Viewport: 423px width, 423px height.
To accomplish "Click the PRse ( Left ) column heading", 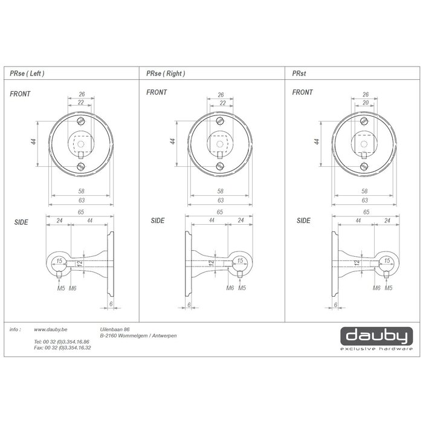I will click(27, 73).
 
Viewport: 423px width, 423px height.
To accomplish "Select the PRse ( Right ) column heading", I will click(166, 73).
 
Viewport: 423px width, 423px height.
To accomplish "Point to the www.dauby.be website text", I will click(50, 329).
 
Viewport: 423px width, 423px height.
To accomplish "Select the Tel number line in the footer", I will click(62, 342).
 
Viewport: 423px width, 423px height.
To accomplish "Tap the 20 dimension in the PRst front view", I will click(366, 103).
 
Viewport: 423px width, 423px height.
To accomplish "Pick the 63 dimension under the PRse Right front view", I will click(221, 200).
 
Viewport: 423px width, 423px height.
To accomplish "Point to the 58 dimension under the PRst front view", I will click(364, 192).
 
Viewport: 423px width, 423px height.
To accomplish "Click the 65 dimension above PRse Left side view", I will click(81, 213).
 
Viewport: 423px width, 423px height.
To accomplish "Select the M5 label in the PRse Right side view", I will click(242, 287).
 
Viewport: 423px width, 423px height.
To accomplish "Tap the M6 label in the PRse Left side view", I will click(73, 287).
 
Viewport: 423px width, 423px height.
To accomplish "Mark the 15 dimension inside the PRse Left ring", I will click(59, 261).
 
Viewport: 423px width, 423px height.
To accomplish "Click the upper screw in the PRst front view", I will click(364, 121).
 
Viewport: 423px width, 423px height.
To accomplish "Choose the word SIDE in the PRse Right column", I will click(158, 221).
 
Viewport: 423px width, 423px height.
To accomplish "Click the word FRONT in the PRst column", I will click(302, 92).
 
